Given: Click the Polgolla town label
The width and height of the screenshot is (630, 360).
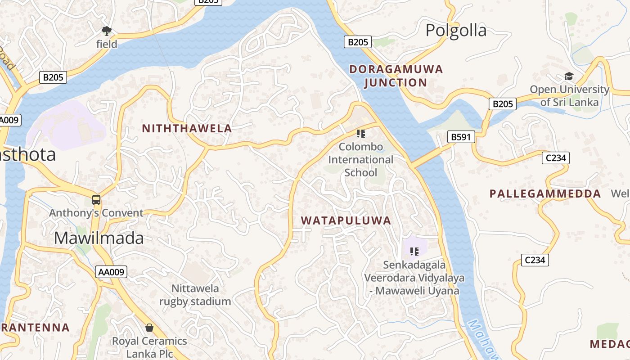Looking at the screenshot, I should [456, 31].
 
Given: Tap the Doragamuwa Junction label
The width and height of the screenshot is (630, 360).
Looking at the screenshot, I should [396, 76].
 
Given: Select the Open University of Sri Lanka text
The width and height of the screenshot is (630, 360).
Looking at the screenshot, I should [569, 95].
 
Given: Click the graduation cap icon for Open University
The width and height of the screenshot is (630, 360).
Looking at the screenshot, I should [569, 76].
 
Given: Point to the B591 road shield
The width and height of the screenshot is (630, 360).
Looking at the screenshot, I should [461, 137].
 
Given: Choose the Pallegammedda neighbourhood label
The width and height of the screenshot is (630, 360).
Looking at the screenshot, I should [545, 194].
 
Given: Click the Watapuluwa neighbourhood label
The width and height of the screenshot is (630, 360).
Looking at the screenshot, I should [346, 220].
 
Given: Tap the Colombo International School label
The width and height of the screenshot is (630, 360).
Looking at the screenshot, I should [360, 160].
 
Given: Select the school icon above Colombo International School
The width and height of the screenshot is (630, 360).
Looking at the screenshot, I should [360, 133].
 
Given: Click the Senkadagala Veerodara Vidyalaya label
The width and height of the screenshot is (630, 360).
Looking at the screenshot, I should [414, 278].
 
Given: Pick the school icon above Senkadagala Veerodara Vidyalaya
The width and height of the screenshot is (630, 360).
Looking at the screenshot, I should [414, 251].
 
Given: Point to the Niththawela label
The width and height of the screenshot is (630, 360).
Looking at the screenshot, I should [187, 129].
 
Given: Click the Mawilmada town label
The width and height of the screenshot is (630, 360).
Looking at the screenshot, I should [99, 238].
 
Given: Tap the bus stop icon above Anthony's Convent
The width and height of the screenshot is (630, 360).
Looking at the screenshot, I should [96, 199].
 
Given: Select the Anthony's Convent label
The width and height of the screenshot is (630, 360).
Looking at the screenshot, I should [96, 213].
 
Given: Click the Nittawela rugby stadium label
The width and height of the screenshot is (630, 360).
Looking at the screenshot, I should [195, 295].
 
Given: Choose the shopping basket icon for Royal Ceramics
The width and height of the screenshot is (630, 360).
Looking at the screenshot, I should [149, 328].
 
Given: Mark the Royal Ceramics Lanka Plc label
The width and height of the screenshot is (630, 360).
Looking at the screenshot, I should [149, 347].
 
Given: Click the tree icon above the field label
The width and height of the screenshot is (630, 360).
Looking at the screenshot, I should [107, 31].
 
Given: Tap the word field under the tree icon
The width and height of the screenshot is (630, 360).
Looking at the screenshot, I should [107, 44].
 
